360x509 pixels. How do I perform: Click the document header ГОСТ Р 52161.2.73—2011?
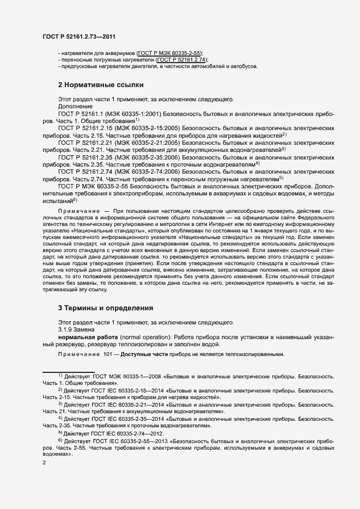point(78,36)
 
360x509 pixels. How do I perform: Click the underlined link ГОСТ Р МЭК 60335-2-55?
point(170,53)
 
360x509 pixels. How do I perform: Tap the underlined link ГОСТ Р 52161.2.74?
point(181,60)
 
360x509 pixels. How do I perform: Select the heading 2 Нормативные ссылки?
point(101,85)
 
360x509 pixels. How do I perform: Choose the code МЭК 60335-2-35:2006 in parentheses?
point(144,157)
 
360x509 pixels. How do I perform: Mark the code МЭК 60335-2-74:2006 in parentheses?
point(144,171)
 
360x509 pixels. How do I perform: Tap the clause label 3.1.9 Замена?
point(76,330)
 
